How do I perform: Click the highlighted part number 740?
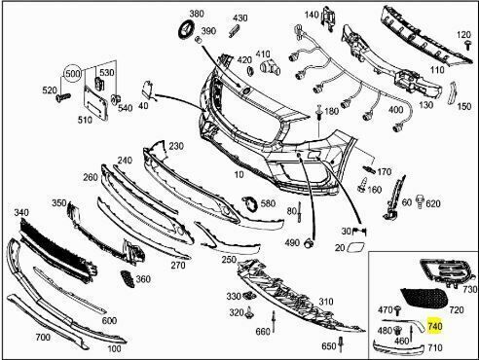(435, 326)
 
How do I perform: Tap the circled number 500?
(72, 74)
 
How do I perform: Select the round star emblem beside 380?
(187, 28)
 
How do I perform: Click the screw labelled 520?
(63, 97)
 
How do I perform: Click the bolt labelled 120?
(467, 45)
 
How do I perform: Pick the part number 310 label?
(325, 302)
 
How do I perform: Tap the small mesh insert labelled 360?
(128, 278)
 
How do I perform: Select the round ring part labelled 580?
(250, 203)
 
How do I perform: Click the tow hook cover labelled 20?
(355, 248)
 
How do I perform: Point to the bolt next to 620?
(420, 200)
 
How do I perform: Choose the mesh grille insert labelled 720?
(424, 297)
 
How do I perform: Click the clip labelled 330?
(248, 295)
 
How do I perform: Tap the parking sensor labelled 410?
(270, 67)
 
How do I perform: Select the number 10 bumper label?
(239, 175)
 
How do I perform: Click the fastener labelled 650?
(341, 344)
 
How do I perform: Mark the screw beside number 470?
(398, 311)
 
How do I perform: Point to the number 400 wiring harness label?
(395, 110)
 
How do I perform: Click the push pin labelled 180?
(319, 113)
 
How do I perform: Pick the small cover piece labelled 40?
(147, 90)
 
